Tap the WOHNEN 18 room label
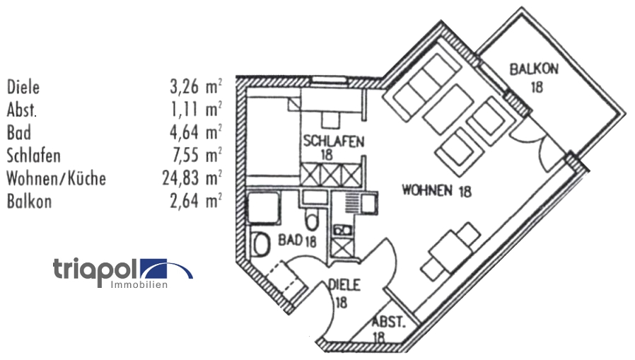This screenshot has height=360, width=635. pos(436,190)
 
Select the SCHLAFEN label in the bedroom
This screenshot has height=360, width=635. pos(334,141)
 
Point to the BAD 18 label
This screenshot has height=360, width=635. pos(296,241)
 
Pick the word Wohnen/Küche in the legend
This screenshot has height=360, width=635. pos(56,178)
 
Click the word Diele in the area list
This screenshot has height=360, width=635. pos(23,88)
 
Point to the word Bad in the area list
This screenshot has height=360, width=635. pos(18,133)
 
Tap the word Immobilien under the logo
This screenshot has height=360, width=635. pos(139,284)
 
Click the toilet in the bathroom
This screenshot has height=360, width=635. pos(261,245)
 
